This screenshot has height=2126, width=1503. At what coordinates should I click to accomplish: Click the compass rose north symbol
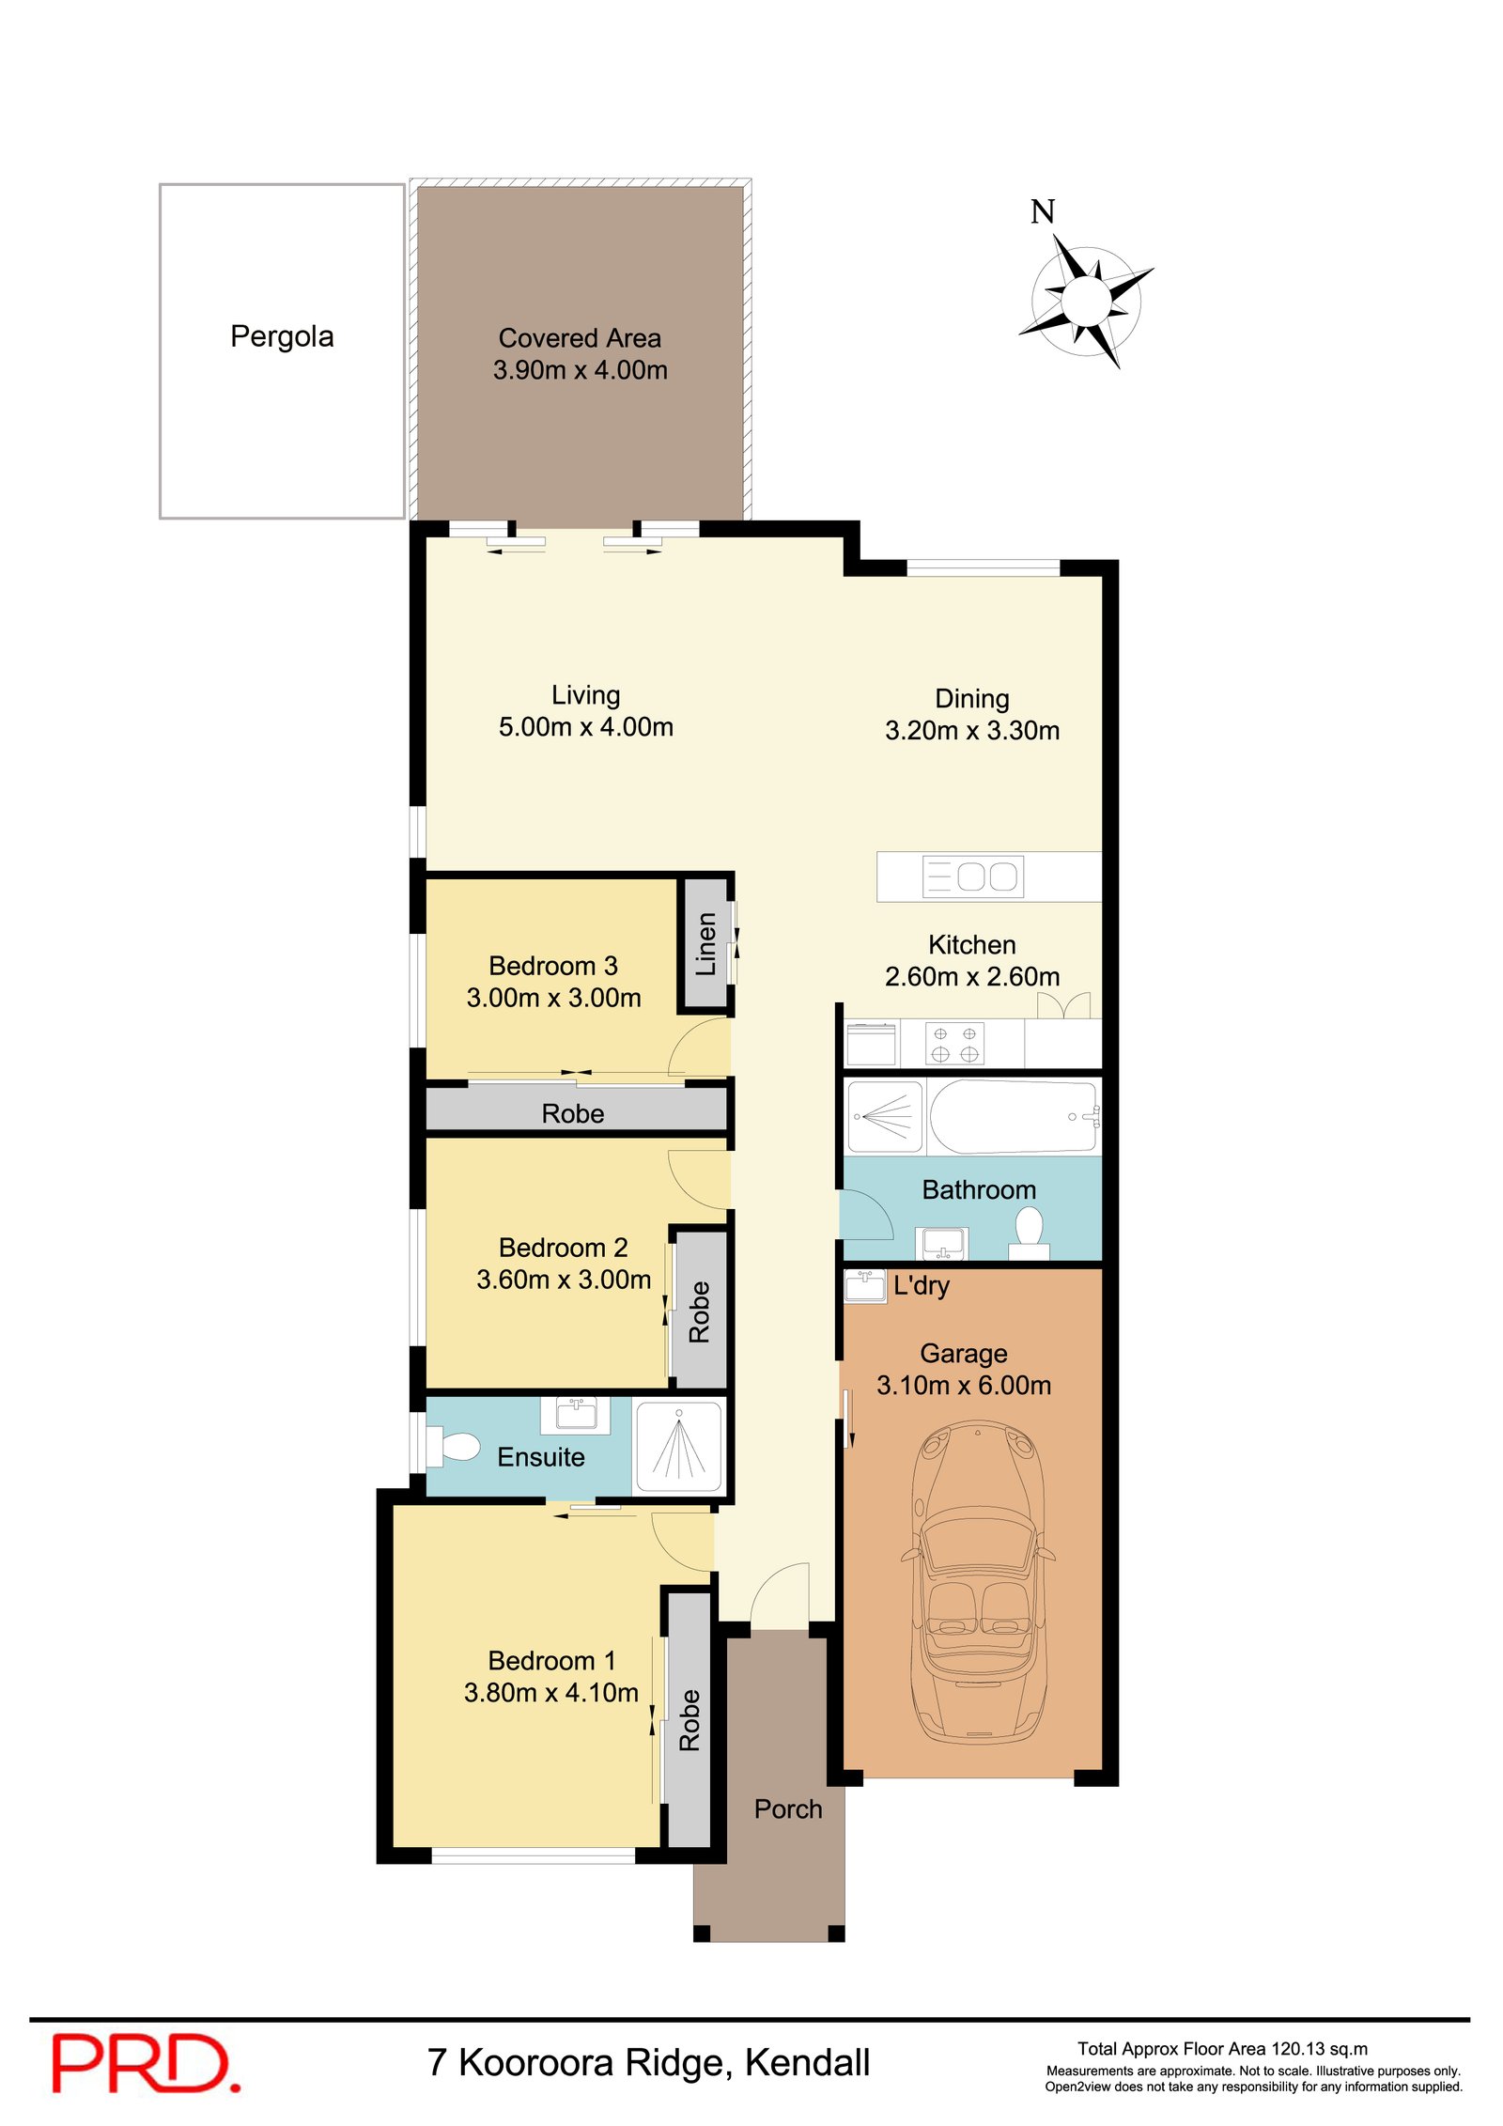click(x=1087, y=299)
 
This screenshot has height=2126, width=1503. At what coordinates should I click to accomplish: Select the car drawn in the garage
click(x=978, y=1582)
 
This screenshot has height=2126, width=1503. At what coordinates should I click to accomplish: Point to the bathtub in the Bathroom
click(x=1014, y=1116)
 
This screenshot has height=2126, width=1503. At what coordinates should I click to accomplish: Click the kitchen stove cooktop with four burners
click(x=954, y=1044)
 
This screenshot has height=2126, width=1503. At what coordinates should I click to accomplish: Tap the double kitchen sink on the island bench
click(x=973, y=877)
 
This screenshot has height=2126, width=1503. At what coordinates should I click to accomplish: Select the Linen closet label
click(x=705, y=943)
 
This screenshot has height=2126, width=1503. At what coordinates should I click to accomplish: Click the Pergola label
click(x=282, y=336)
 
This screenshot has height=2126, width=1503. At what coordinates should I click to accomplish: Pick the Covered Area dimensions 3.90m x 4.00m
click(x=581, y=370)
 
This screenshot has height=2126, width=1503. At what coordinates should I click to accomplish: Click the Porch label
click(x=788, y=1808)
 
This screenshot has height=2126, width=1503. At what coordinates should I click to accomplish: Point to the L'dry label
click(x=922, y=1286)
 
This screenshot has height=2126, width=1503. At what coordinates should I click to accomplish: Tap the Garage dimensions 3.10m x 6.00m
click(x=964, y=1385)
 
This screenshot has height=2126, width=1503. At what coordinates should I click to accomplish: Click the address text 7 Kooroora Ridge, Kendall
click(x=648, y=2062)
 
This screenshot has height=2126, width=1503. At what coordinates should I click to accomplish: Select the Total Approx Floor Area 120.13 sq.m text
click(x=1222, y=2049)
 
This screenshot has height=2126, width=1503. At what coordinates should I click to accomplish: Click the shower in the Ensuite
click(x=679, y=1447)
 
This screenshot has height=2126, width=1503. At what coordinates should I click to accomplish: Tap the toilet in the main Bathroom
click(x=1030, y=1233)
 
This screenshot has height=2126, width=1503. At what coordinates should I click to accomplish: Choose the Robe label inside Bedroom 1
click(x=690, y=1720)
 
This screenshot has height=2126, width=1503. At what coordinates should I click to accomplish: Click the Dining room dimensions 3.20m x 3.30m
click(x=972, y=730)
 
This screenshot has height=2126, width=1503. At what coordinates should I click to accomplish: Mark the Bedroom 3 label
click(x=553, y=966)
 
